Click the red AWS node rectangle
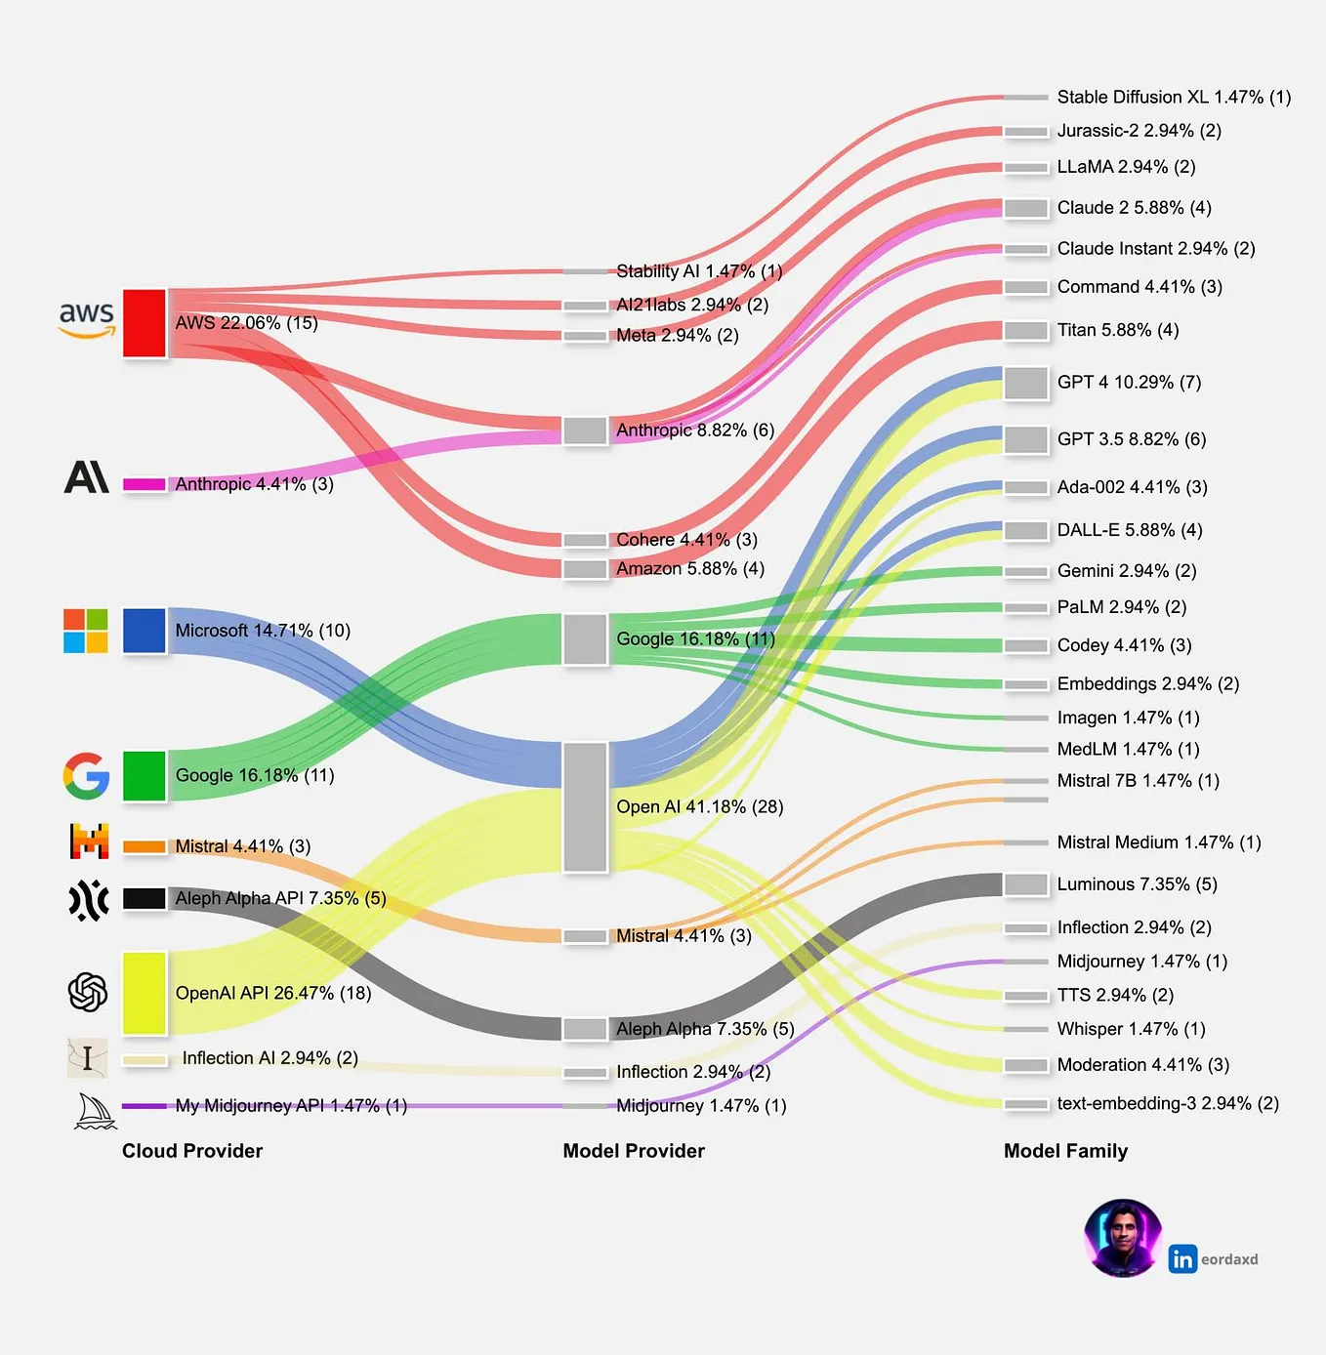pyautogui.click(x=145, y=323)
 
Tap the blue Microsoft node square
pyautogui.click(x=145, y=631)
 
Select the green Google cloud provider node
pyautogui.click(x=145, y=776)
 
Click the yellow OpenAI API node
pyautogui.click(x=145, y=993)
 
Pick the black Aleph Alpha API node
pyautogui.click(x=145, y=898)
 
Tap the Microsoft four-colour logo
pyautogui.click(x=86, y=631)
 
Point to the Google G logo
pyautogui.click(x=86, y=776)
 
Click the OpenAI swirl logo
pyautogui.click(x=88, y=992)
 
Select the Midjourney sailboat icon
pyautogui.click(x=94, y=1111)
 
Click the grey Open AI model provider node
pyautogui.click(x=586, y=807)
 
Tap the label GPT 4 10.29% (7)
pyautogui.click(x=1129, y=383)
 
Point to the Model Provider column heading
pyautogui.click(x=634, y=1151)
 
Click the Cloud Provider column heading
pyautogui.click(x=192, y=1151)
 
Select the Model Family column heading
pyautogui.click(x=1065, y=1151)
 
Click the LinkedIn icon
pyautogui.click(x=1182, y=1259)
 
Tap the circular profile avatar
pyautogui.click(x=1123, y=1238)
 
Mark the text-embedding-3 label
pyautogui.click(x=1168, y=1104)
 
